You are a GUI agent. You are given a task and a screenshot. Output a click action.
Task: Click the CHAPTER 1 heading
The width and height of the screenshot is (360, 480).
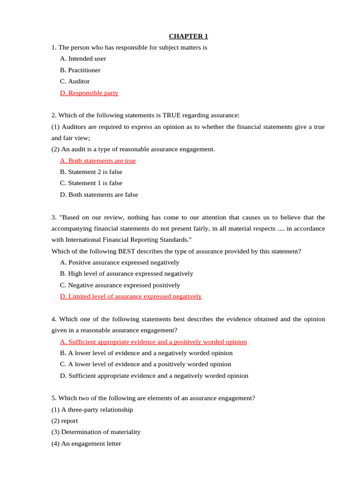coord(188,36)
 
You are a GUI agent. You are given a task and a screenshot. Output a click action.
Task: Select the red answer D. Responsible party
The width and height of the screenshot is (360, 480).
coord(89,93)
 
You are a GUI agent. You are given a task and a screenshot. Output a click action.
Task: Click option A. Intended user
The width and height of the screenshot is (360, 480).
coord(83,59)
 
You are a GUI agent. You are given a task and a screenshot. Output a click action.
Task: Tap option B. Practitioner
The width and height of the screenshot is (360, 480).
coord(80,70)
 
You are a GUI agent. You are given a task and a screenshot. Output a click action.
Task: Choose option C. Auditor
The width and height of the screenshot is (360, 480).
coord(75,81)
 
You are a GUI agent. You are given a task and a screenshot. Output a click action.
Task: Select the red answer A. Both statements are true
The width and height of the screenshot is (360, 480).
coord(98,161)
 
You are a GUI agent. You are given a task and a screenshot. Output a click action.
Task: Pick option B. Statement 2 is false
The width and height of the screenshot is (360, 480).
coord(91,172)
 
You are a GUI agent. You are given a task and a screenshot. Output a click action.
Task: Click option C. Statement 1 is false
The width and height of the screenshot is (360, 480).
coord(91,183)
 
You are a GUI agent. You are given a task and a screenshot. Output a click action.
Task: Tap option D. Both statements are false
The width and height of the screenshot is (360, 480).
coord(99,195)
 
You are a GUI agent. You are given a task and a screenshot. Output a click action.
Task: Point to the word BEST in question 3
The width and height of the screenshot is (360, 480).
coord(127,251)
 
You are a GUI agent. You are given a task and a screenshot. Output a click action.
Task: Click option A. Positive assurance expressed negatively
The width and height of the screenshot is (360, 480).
coord(120,262)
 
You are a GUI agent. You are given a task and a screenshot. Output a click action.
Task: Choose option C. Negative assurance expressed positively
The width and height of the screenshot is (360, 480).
coord(120,285)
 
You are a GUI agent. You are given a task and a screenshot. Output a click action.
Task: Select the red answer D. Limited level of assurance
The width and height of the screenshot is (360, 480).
coord(131,296)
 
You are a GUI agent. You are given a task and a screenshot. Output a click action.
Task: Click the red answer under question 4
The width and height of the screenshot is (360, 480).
coord(153,342)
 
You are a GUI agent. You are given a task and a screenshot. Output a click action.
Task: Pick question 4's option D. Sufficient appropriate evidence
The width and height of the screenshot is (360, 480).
coord(154,375)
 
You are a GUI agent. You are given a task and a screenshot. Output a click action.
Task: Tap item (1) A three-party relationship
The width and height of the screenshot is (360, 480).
coord(92,410)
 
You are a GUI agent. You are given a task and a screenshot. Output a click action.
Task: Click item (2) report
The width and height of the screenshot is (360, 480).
coord(65,421)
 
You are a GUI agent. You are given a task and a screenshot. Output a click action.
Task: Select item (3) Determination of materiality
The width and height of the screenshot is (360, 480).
coord(96,432)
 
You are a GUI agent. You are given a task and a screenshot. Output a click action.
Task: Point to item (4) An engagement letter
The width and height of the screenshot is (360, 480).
coord(86,443)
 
